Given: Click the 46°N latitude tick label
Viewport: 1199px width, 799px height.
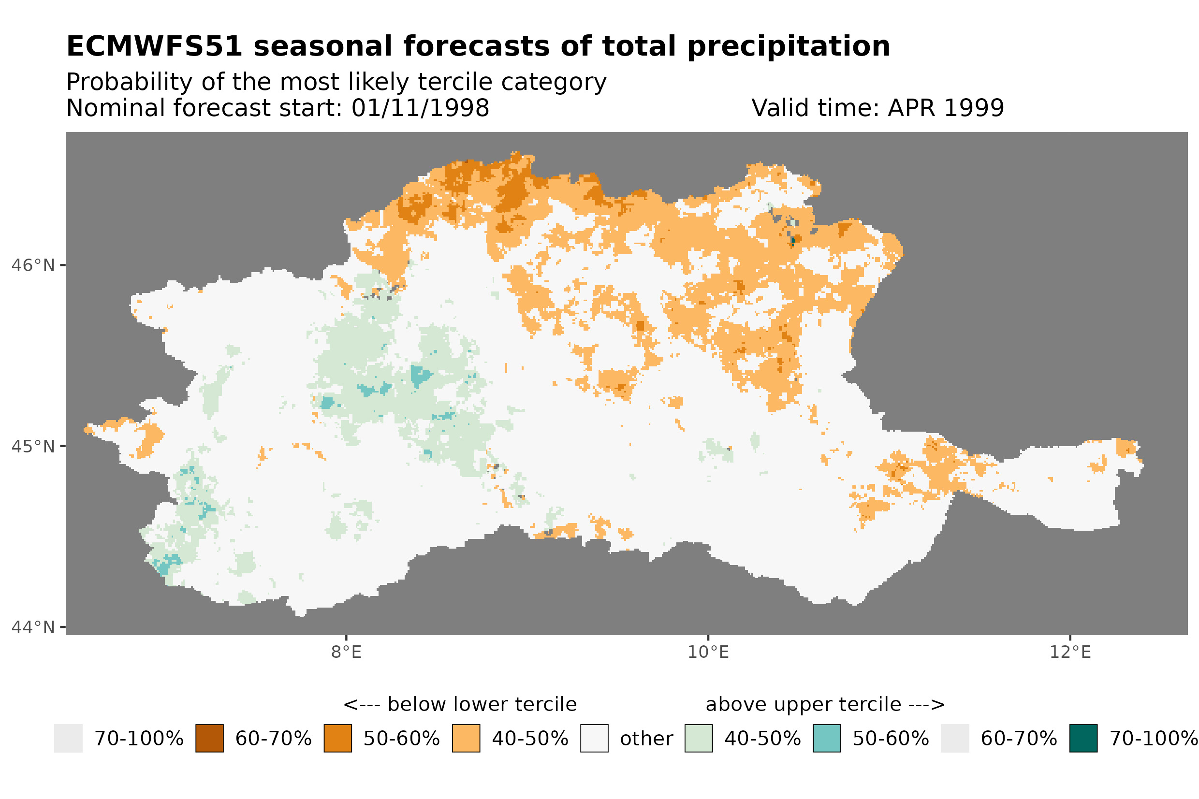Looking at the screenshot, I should pyautogui.click(x=32, y=265).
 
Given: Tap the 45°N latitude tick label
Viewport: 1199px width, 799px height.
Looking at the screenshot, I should pyautogui.click(x=32, y=446).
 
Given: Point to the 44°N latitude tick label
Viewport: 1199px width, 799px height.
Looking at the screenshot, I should pyautogui.click(x=32, y=627).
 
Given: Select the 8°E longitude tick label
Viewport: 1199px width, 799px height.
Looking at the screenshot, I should pyautogui.click(x=346, y=652).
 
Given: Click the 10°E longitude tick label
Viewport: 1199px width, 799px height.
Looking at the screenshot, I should pyautogui.click(x=708, y=652).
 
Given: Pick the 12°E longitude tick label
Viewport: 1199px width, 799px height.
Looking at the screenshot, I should pyautogui.click(x=1069, y=652).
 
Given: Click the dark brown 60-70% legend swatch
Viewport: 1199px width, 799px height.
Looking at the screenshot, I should pyautogui.click(x=209, y=739).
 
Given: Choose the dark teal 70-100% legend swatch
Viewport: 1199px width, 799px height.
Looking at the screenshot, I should pyautogui.click(x=1083, y=739).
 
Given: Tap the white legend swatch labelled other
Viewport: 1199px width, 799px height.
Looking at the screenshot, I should pyautogui.click(x=594, y=739).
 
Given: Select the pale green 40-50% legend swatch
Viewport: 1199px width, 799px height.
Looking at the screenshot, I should pyautogui.click(x=699, y=739).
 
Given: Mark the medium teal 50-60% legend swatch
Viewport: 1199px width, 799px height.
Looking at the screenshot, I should pyautogui.click(x=827, y=739).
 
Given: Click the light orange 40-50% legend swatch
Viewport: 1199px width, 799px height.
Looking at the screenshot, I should pyautogui.click(x=466, y=739).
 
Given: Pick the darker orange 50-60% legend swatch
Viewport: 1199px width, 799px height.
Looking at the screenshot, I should pyautogui.click(x=337, y=739).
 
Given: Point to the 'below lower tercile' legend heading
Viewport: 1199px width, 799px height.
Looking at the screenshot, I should pyautogui.click(x=460, y=705).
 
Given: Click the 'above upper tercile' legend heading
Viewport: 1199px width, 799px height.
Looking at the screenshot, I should pyautogui.click(x=825, y=705).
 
